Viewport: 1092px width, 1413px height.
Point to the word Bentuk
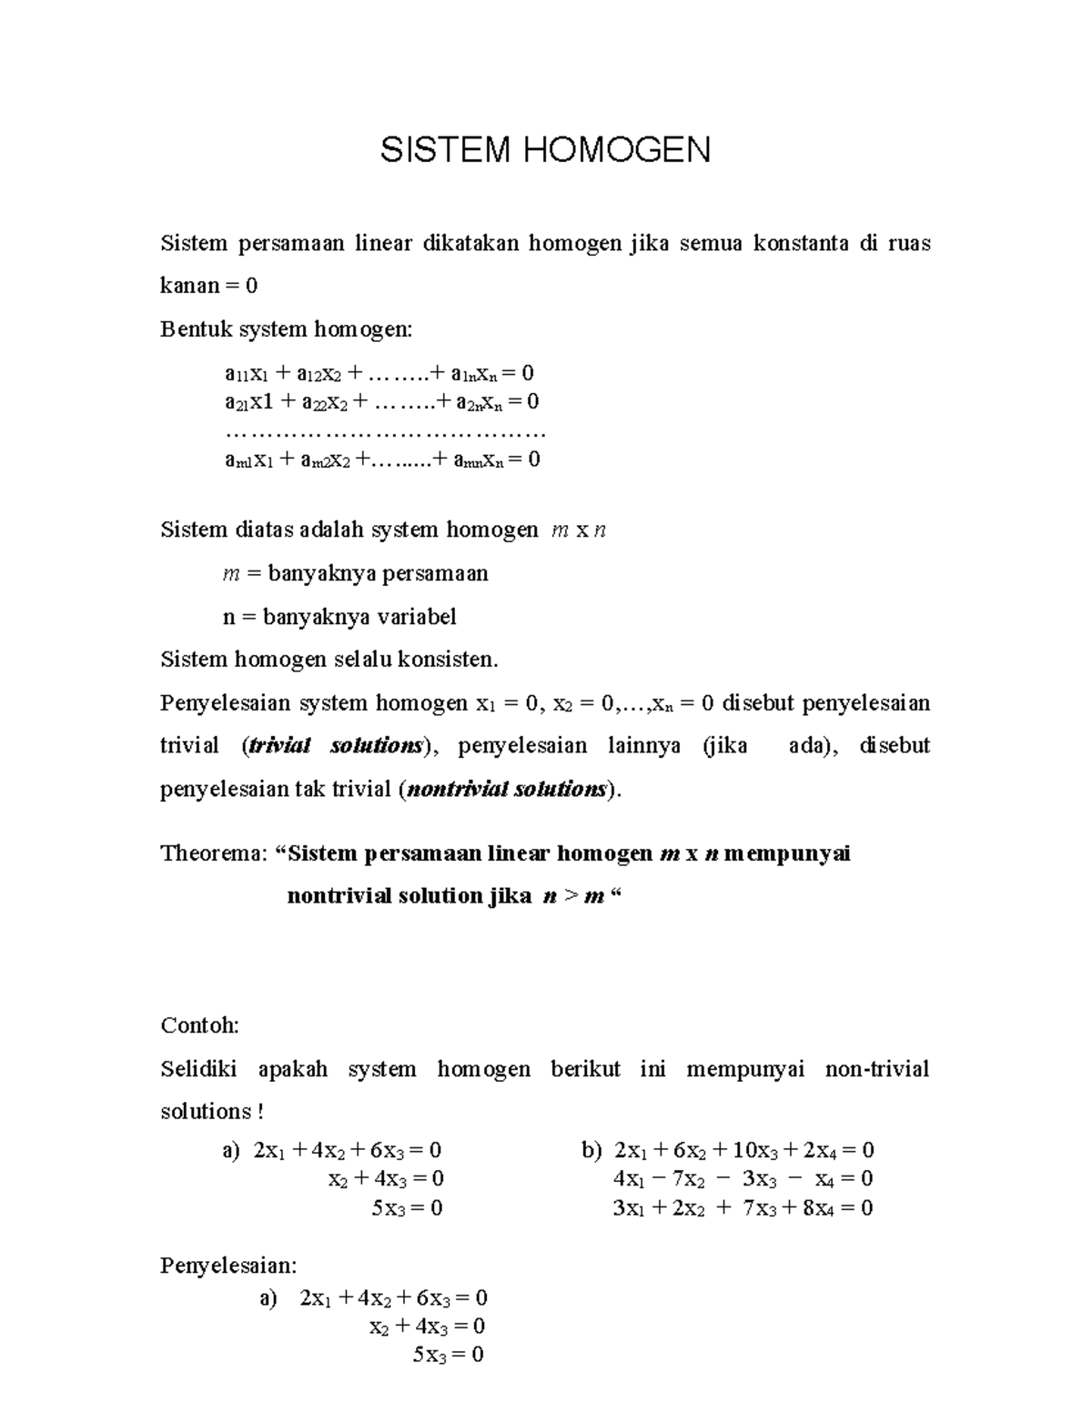click(x=196, y=328)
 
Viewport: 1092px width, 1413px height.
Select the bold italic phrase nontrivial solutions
click(x=506, y=789)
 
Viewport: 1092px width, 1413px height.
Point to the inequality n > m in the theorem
click(x=572, y=896)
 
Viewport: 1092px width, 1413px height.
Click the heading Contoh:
click(x=199, y=1025)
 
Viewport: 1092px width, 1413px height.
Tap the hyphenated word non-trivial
click(x=876, y=1069)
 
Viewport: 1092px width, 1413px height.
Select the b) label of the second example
click(x=591, y=1150)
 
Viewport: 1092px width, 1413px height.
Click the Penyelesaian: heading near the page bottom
click(x=228, y=1266)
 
